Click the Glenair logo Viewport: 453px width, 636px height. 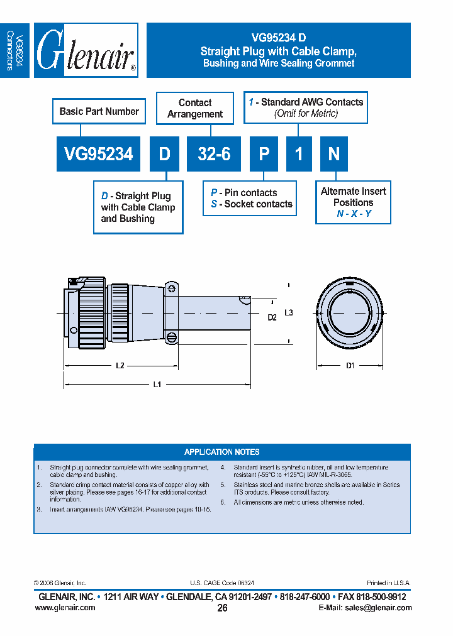click(x=86, y=50)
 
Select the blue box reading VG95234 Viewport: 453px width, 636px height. click(x=99, y=154)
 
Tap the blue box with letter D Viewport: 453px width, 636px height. click(x=164, y=154)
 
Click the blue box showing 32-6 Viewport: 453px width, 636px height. click(x=214, y=154)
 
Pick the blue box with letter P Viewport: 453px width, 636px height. click(x=264, y=154)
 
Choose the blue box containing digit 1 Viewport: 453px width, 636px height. click(x=299, y=154)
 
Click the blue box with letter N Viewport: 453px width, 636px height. click(x=334, y=154)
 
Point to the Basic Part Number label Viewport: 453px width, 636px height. click(x=99, y=111)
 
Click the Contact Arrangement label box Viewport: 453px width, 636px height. click(x=194, y=108)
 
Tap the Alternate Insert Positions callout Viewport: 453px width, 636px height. click(x=353, y=202)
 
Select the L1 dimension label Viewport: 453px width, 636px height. click(x=157, y=385)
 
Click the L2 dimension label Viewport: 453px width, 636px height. click(x=120, y=365)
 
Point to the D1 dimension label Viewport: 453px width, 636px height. click(x=350, y=365)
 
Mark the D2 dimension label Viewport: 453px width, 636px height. click(x=272, y=317)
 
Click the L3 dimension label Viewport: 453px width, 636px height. click(x=289, y=312)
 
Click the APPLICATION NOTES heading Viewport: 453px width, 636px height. click(x=221, y=452)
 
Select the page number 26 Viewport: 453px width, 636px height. click(x=222, y=608)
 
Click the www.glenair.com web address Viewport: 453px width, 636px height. click(x=65, y=608)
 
